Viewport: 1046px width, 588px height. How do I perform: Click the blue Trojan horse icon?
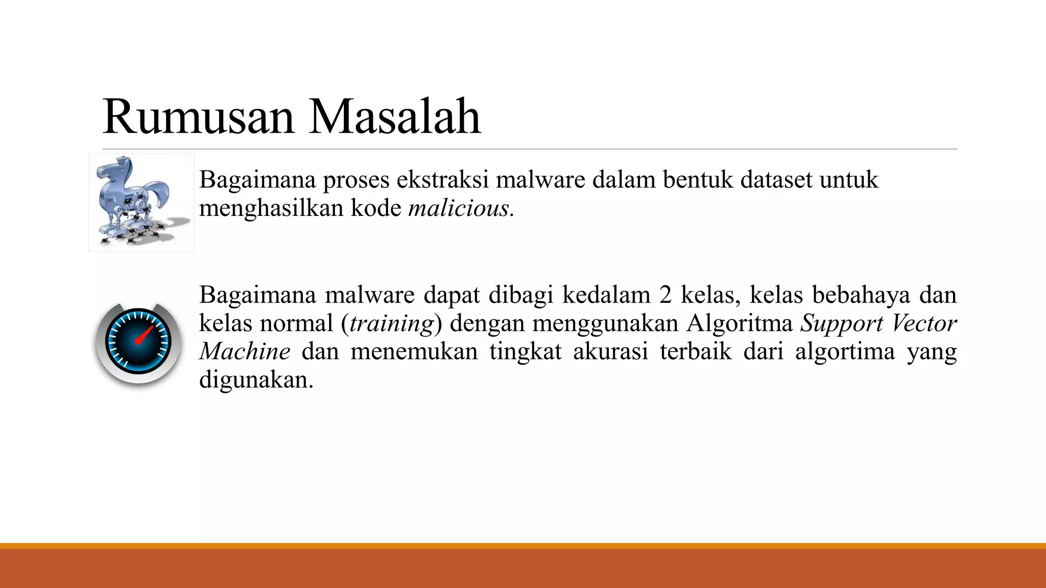(x=141, y=202)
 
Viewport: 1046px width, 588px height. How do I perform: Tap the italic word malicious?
(x=459, y=208)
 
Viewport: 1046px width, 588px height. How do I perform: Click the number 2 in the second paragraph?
(x=665, y=295)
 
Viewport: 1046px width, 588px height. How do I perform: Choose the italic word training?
(x=392, y=324)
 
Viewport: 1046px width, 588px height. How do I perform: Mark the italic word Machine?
(x=245, y=352)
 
